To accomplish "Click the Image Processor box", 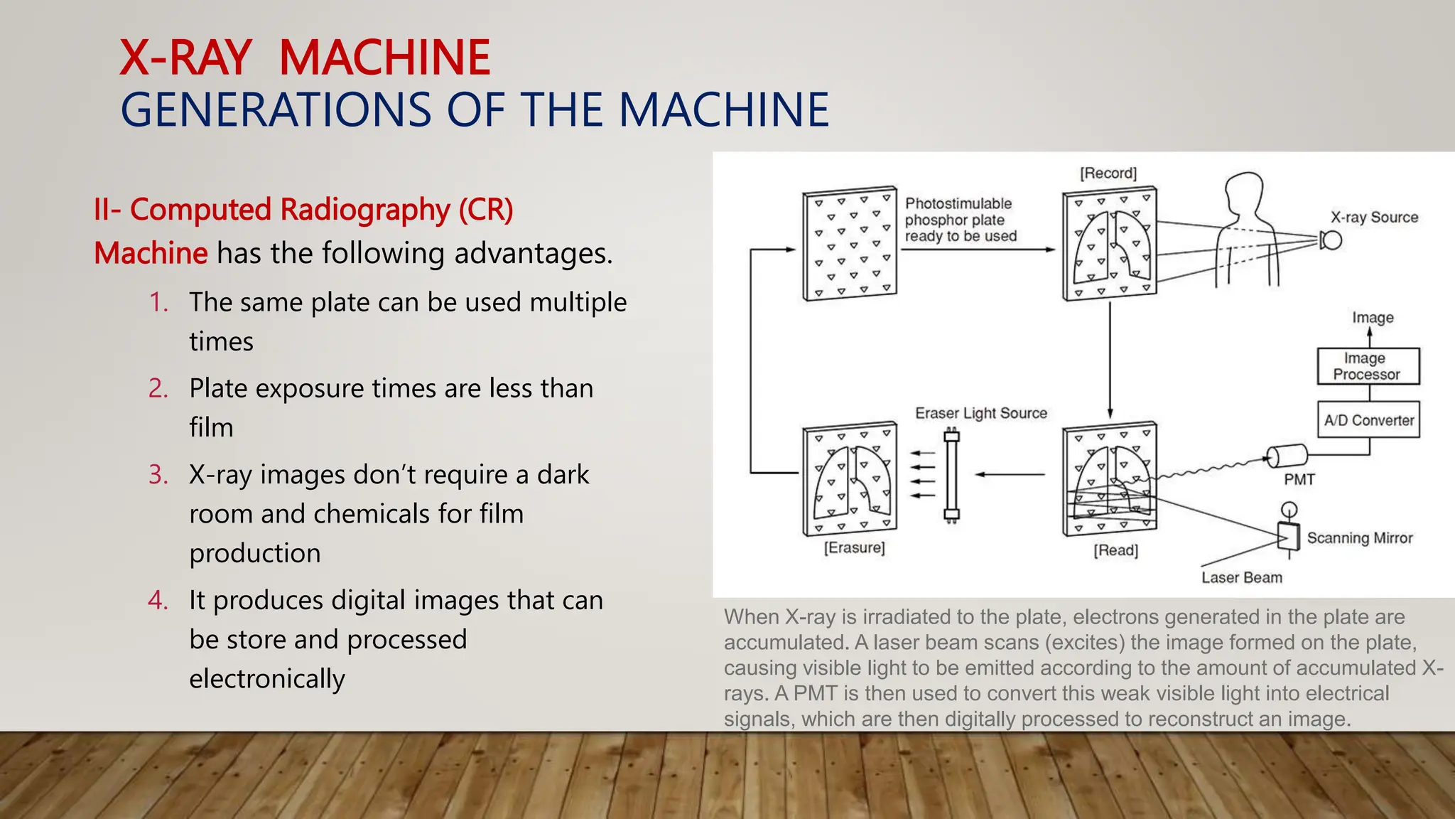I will pyautogui.click(x=1368, y=366).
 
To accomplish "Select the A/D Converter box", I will pyautogui.click(x=1368, y=420).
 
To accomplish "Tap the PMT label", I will pyautogui.click(x=1299, y=480).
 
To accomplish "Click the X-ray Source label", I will pyautogui.click(x=1374, y=218).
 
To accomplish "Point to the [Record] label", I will pyautogui.click(x=1108, y=173).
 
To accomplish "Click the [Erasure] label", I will pyautogui.click(x=854, y=547).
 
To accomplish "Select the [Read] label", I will pyautogui.click(x=1115, y=550).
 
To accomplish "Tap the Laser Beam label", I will pyautogui.click(x=1241, y=578).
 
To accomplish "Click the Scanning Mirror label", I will pyautogui.click(x=1359, y=538).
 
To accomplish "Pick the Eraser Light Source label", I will pyautogui.click(x=980, y=413).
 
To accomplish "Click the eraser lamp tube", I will pyautogui.click(x=952, y=475).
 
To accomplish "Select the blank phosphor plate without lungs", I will pyautogui.click(x=850, y=245).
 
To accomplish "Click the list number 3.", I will pyautogui.click(x=158, y=475).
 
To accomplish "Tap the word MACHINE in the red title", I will pyautogui.click(x=384, y=58).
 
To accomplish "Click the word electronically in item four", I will pyautogui.click(x=266, y=679).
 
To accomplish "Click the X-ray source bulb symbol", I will pyautogui.click(x=1331, y=240).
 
